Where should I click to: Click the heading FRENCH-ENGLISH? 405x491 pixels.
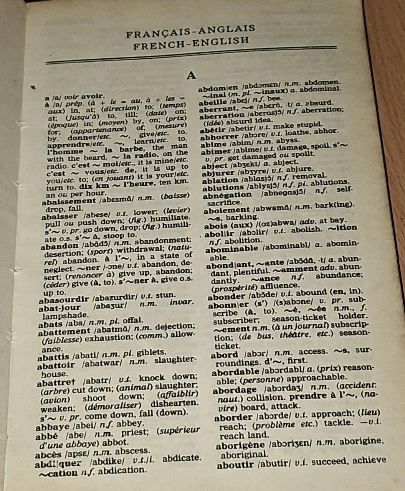pyautogui.click(x=192, y=43)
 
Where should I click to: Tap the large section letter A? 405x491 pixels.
pyautogui.click(x=191, y=76)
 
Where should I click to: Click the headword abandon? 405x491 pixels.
pyautogui.click(x=59, y=246)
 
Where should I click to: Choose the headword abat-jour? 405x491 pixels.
pyautogui.click(x=60, y=308)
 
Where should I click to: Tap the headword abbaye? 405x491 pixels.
pyautogui.click(x=53, y=427)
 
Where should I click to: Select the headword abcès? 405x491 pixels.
pyautogui.click(x=48, y=455)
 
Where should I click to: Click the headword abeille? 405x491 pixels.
pyautogui.click(x=213, y=102)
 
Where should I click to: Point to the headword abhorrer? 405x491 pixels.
pyautogui.click(x=220, y=138)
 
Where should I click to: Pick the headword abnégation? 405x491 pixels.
pyautogui.click(x=227, y=195)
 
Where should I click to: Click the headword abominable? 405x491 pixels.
pyautogui.click(x=232, y=249)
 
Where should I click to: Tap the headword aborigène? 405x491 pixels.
pyautogui.click(x=240, y=446)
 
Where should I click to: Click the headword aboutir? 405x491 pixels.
pyautogui.click(x=235, y=465)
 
